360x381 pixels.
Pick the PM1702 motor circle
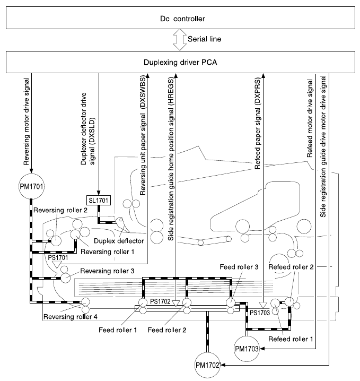tap(208, 366)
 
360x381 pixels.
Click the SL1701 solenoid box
tap(99, 201)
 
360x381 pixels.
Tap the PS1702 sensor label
tap(160, 301)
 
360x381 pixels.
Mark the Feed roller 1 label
tap(118, 330)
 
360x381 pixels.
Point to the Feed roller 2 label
tap(167, 330)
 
